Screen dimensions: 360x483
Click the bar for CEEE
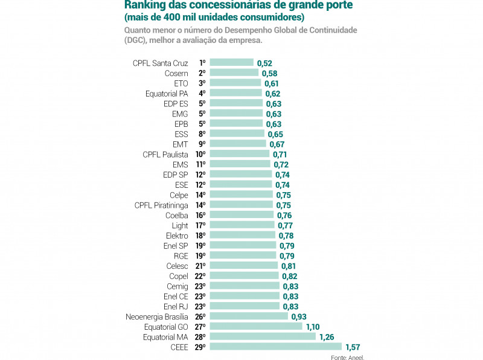pyautogui.click(x=275, y=347)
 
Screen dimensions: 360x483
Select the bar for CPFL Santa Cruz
pyautogui.click(x=231, y=63)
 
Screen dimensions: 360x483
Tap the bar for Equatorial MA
pyautogui.click(x=263, y=336)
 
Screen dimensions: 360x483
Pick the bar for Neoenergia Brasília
pyautogui.click(x=249, y=316)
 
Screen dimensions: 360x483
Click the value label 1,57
pyautogui.click(x=353, y=347)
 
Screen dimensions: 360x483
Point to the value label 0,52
pyautogui.click(x=264, y=63)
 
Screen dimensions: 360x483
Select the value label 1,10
pyautogui.click(x=313, y=327)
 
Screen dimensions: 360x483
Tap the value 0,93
pyautogui.click(x=299, y=317)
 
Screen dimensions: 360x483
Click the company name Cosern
pyautogui.click(x=176, y=73)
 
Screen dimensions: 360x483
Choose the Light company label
pyautogui.click(x=180, y=225)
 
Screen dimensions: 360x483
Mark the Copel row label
pyautogui.click(x=179, y=276)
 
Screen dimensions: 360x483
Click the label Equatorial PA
pyautogui.click(x=167, y=94)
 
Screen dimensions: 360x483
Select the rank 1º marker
pyautogui.click(x=202, y=63)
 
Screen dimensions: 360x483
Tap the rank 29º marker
pyautogui.click(x=200, y=347)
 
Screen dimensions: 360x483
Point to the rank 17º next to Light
pyautogui.click(x=200, y=225)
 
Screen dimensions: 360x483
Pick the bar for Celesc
pyautogui.click(x=243, y=266)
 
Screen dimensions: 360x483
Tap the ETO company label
pyautogui.click(x=181, y=83)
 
